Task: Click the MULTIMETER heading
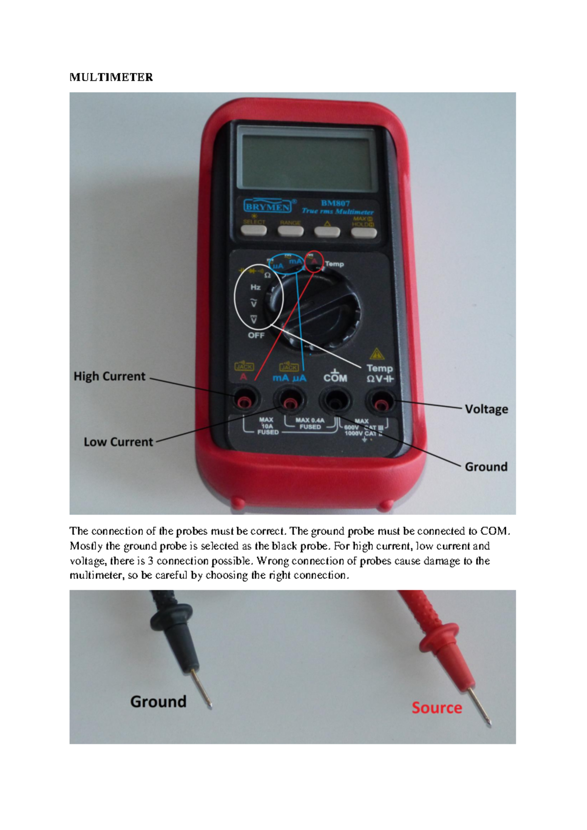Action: pyautogui.click(x=111, y=77)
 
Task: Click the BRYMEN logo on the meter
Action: pyautogui.click(x=267, y=206)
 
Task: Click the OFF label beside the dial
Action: pyautogui.click(x=256, y=335)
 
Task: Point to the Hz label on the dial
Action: pyautogui.click(x=255, y=287)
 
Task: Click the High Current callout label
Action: pyautogui.click(x=110, y=376)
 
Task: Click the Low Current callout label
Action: pyautogui.click(x=118, y=442)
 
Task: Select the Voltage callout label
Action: pyautogui.click(x=486, y=409)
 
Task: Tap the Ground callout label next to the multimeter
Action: pyautogui.click(x=486, y=467)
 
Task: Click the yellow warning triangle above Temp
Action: pyautogui.click(x=376, y=353)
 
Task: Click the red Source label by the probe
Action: pyautogui.click(x=436, y=708)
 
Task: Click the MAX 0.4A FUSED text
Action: pyautogui.click(x=310, y=423)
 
